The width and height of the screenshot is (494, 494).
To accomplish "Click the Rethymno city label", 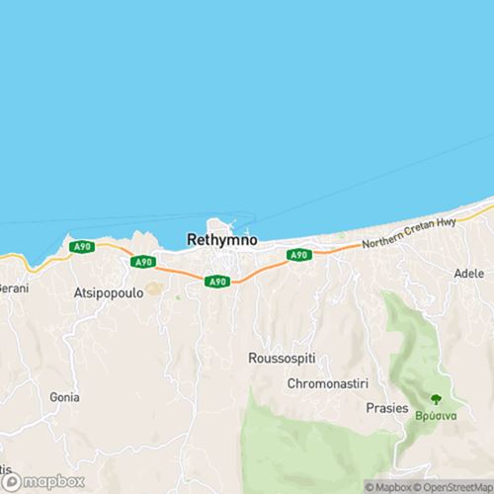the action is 222,239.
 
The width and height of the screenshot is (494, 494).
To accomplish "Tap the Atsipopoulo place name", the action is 110,292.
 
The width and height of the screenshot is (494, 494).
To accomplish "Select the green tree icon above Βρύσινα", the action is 435,400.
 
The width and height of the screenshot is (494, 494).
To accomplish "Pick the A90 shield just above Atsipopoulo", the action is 143,261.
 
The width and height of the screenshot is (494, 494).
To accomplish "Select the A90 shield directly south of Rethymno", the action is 218,283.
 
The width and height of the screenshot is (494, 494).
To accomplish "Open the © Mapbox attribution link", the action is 388,486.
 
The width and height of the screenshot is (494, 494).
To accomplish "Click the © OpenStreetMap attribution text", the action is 455,486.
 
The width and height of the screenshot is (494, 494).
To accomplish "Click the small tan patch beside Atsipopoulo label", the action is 153,290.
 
